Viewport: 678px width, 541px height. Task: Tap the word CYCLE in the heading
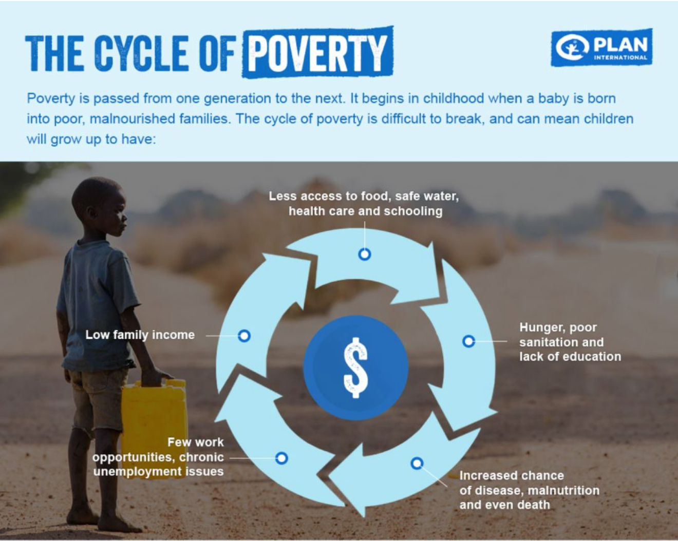click(141, 53)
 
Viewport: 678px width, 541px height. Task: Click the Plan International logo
click(601, 48)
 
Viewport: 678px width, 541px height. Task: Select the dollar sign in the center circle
click(356, 368)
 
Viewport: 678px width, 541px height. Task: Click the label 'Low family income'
click(140, 335)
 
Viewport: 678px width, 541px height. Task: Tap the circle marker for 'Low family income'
click(244, 336)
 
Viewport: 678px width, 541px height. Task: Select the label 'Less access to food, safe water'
click(364, 196)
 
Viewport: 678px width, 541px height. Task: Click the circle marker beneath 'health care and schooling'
click(365, 254)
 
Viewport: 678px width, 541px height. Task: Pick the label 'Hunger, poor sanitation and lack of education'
click(570, 342)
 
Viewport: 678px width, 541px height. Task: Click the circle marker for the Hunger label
click(468, 341)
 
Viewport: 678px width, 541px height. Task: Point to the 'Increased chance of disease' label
click(529, 490)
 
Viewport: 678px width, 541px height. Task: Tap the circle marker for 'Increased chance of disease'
click(417, 463)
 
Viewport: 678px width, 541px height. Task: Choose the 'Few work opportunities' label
click(158, 457)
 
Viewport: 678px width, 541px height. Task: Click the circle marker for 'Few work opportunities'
click(281, 458)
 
